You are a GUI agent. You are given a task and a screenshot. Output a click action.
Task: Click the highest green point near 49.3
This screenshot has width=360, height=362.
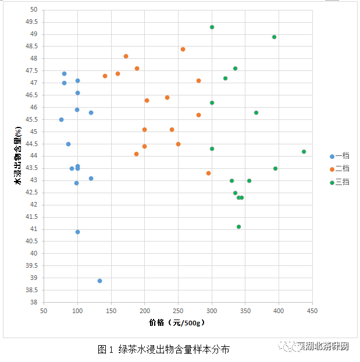click(x=212, y=27)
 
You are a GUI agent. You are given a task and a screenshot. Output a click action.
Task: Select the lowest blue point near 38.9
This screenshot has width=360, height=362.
click(x=100, y=281)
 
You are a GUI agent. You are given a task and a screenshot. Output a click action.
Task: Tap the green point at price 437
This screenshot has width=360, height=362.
click(x=304, y=152)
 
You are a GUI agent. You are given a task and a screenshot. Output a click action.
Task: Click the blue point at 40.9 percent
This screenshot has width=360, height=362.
click(x=77, y=232)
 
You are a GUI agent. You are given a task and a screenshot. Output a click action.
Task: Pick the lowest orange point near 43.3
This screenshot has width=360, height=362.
click(x=208, y=173)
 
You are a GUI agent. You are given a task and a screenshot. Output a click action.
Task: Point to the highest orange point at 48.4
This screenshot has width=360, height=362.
click(x=183, y=49)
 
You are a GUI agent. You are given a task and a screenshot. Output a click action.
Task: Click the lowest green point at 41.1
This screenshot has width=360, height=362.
click(x=238, y=227)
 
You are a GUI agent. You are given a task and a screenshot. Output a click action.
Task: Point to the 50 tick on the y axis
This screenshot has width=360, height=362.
click(x=33, y=10)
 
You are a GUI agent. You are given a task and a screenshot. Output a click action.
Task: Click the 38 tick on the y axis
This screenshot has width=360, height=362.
click(x=33, y=302)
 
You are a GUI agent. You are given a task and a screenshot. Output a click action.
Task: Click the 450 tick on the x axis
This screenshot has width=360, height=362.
click(x=312, y=311)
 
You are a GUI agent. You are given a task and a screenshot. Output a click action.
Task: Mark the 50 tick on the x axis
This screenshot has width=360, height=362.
click(x=44, y=311)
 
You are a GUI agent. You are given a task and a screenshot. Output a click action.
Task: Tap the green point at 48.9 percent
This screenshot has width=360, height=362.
click(x=274, y=37)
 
